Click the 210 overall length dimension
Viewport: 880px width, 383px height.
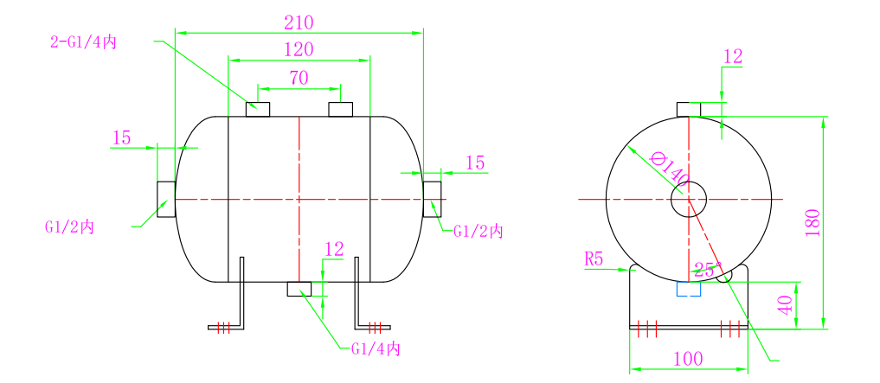(299, 22)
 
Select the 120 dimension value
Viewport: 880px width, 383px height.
(299, 49)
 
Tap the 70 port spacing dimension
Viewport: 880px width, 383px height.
(299, 78)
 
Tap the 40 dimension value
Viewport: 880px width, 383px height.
(786, 305)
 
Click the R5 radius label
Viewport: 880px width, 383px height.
(594, 259)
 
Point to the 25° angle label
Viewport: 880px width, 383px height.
(705, 270)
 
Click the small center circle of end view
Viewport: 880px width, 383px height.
(689, 199)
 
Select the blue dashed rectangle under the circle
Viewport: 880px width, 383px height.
(689, 289)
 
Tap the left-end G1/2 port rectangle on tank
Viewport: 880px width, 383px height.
(166, 199)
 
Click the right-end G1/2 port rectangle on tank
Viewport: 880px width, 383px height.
(432, 199)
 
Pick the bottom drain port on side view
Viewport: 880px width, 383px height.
(299, 289)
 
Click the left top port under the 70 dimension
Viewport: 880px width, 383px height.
(258, 109)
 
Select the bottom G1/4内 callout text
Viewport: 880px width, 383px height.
(376, 349)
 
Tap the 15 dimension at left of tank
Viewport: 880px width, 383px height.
(121, 137)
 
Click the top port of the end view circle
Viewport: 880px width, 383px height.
(689, 109)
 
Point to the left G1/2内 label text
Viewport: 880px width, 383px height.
(69, 227)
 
